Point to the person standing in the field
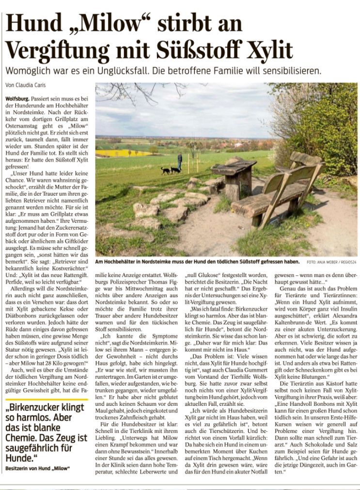pyautogui.click(x=180, y=160)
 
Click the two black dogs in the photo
pyautogui.click(x=170, y=170)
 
